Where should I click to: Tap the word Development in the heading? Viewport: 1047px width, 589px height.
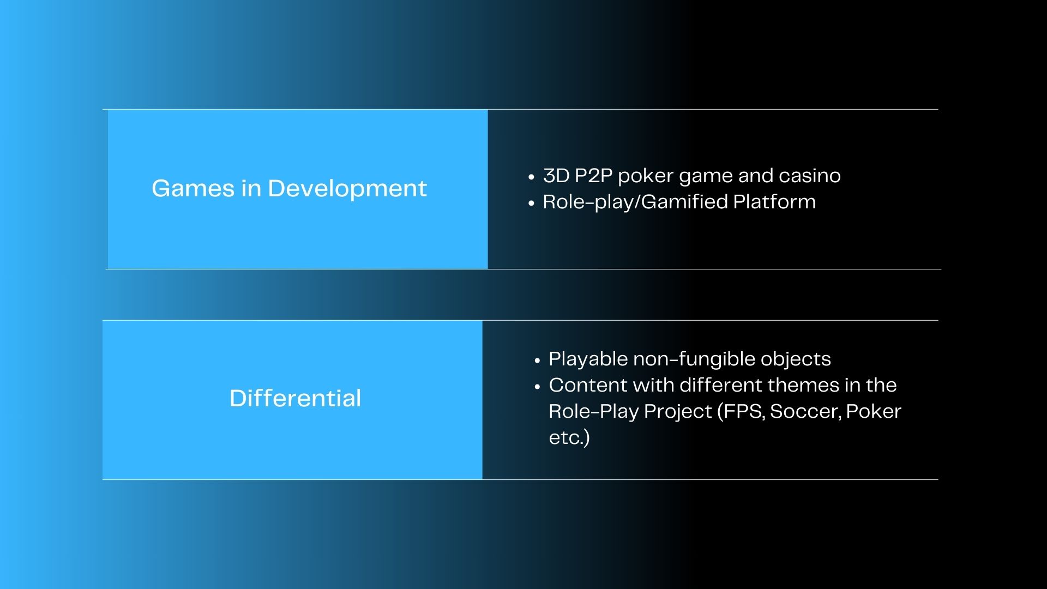point(347,189)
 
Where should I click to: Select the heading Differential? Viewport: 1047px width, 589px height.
point(295,398)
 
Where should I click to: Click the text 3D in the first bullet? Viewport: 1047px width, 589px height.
point(556,176)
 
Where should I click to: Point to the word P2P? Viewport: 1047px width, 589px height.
point(593,176)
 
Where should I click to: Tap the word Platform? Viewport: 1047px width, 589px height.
point(774,202)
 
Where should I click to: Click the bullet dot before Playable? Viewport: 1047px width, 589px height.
point(538,360)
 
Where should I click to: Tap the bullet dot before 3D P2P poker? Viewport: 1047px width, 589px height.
point(532,177)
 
